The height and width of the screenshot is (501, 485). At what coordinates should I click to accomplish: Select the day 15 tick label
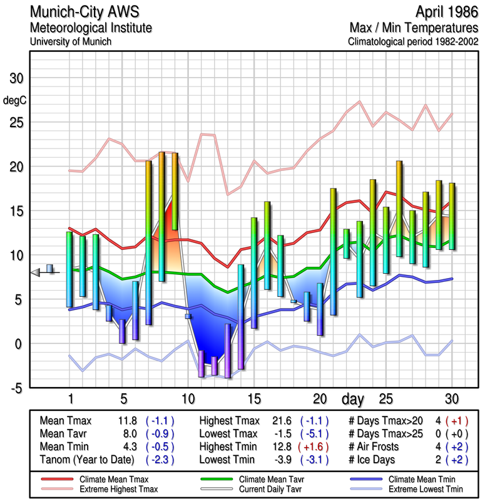click(x=255, y=398)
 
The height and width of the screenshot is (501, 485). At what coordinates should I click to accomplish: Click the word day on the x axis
click(x=354, y=398)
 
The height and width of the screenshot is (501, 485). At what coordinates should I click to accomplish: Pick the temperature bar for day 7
click(x=149, y=243)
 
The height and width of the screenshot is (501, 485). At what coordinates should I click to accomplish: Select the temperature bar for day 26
click(x=399, y=209)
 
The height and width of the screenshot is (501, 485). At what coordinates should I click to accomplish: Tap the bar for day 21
click(x=333, y=251)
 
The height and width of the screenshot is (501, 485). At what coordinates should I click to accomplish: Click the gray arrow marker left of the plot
click(x=36, y=271)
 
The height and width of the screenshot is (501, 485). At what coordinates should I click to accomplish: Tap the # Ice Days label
click(x=374, y=458)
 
